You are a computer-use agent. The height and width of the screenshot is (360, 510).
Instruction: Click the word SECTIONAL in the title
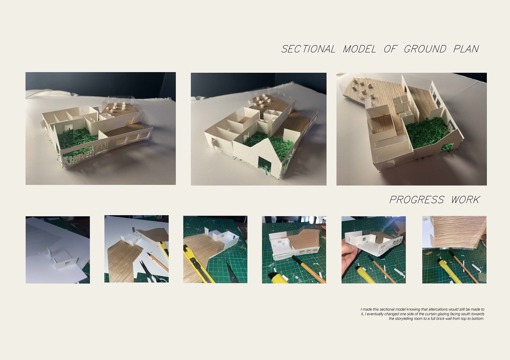308,49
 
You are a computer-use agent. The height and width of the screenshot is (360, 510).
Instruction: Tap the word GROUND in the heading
425,49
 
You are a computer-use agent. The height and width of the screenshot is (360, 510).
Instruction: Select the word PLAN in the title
466,49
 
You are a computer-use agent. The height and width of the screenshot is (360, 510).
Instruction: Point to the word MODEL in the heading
359,49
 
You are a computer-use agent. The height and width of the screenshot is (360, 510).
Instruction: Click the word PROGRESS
417,200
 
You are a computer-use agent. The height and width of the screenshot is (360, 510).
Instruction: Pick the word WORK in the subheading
465,200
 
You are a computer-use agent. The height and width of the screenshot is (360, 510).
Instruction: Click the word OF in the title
391,49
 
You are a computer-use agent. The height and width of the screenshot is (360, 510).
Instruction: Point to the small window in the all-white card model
67,263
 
